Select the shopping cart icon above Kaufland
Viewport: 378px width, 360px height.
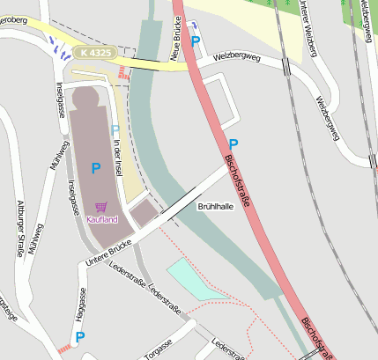(x=101, y=208)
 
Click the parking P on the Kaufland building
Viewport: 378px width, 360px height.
(x=95, y=167)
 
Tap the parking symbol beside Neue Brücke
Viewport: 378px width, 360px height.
(x=196, y=40)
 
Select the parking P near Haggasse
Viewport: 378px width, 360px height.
(x=79, y=336)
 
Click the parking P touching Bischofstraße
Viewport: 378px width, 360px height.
(x=233, y=143)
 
